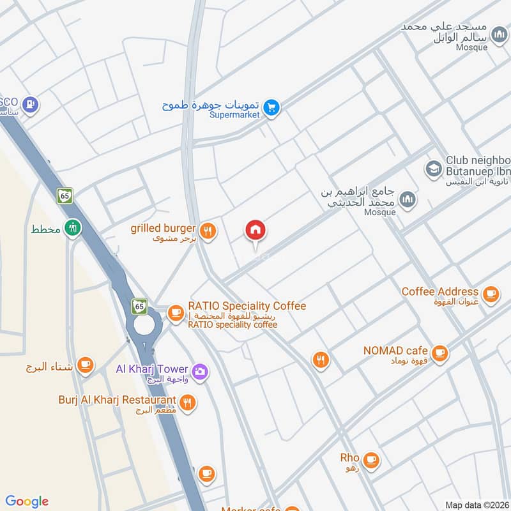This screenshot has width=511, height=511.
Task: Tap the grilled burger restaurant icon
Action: click(x=206, y=231)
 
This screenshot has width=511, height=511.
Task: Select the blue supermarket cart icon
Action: click(x=271, y=108)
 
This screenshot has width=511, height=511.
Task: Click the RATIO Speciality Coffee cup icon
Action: click(x=175, y=312)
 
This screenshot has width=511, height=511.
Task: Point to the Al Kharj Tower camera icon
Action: click(x=200, y=370)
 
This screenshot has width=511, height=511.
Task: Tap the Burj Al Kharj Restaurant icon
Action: click(x=187, y=402)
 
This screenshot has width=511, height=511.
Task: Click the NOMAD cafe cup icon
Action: click(x=439, y=352)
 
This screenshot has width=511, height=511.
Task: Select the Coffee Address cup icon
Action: click(x=490, y=293)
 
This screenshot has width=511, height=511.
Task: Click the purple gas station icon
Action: click(x=30, y=104)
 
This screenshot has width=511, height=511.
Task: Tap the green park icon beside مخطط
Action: click(x=74, y=227)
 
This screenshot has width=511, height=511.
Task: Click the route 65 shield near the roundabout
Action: click(x=140, y=306)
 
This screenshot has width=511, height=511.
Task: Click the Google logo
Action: click(x=27, y=501)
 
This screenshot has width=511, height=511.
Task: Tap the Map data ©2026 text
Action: click(x=475, y=505)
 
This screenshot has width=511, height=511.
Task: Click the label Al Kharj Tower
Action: click(x=152, y=369)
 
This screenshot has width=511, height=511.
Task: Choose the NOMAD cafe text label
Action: click(x=395, y=351)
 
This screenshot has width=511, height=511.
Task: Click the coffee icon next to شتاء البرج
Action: click(x=84, y=365)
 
